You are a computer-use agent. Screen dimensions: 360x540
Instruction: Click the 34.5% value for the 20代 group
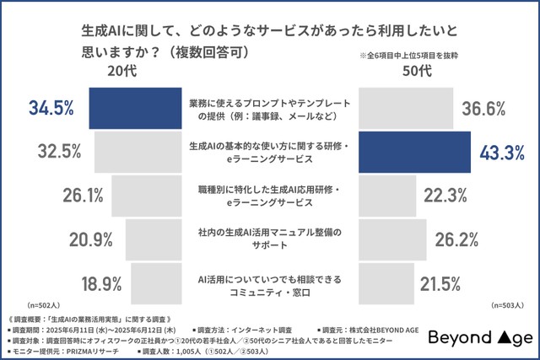tap(52, 108)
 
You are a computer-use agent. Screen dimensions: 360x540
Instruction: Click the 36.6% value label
tap(483, 108)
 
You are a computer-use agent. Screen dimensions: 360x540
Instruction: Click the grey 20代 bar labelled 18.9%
tap(157, 282)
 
